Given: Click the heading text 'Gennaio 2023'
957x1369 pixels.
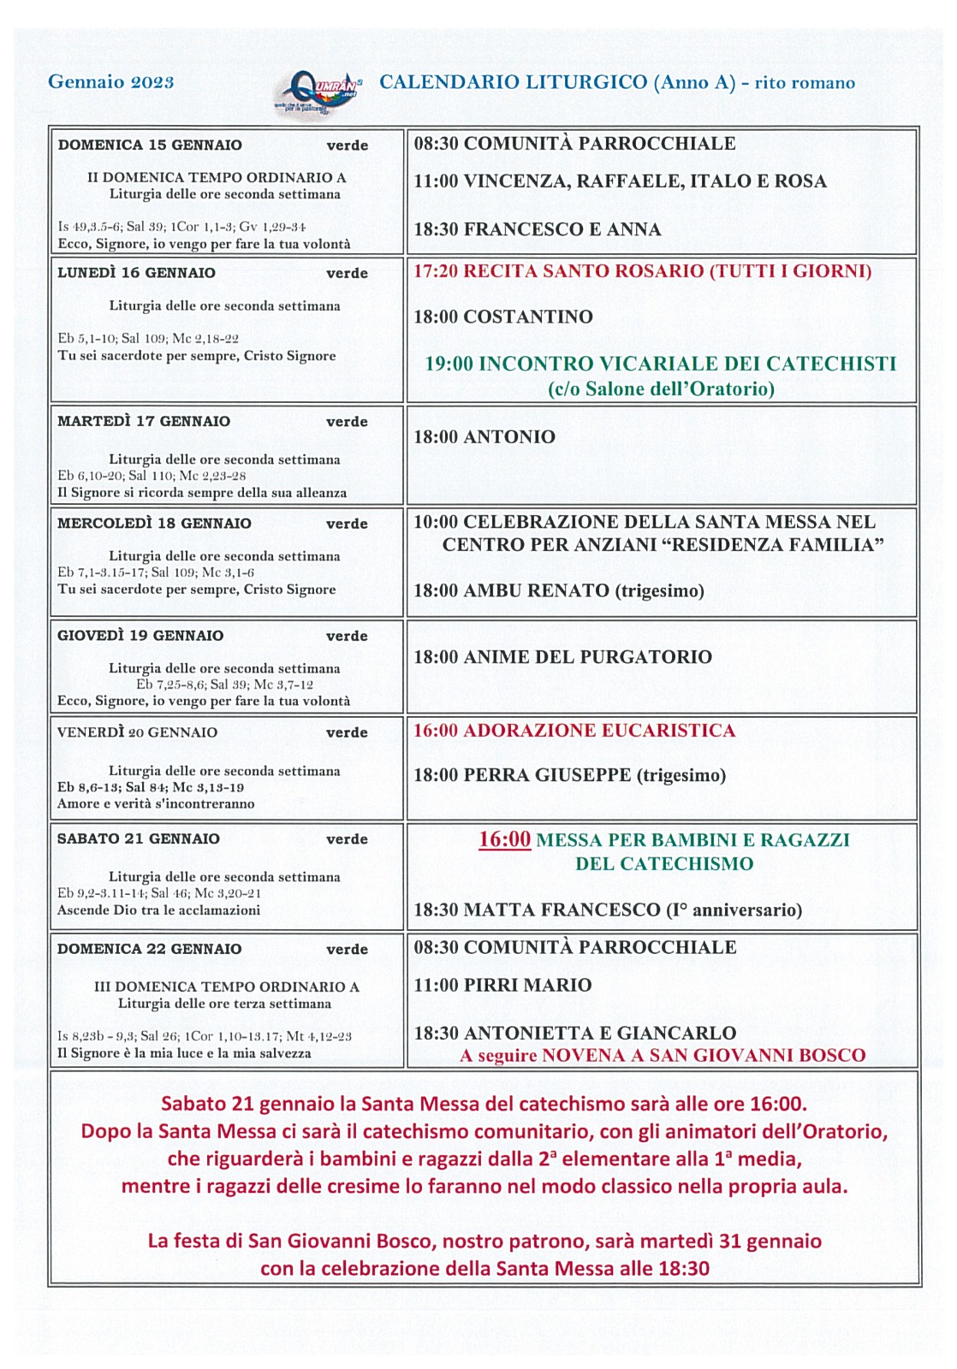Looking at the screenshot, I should (x=111, y=82).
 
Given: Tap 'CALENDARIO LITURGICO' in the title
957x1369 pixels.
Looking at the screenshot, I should (x=513, y=82).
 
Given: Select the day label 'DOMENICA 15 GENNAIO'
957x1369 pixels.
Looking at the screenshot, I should (x=150, y=145).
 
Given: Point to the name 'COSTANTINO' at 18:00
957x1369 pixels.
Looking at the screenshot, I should (x=528, y=317).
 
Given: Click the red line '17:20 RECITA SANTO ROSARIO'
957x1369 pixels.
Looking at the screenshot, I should (x=642, y=272).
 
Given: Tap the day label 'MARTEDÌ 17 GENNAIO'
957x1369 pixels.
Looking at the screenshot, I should (x=144, y=422).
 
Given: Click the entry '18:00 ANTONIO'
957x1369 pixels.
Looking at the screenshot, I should (x=484, y=437).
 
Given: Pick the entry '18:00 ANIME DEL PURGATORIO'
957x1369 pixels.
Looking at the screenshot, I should (x=562, y=657).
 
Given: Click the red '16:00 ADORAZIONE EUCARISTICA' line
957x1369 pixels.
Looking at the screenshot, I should (x=574, y=731).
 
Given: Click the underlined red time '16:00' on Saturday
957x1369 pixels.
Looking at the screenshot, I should (x=504, y=839).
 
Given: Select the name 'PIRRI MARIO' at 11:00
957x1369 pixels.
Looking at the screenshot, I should (x=527, y=986).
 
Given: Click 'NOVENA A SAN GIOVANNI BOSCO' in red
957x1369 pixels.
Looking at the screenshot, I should (x=704, y=1056).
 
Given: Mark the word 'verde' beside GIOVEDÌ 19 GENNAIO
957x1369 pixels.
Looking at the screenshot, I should (x=347, y=637).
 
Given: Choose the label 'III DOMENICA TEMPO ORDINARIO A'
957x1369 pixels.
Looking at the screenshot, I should (x=226, y=987).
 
